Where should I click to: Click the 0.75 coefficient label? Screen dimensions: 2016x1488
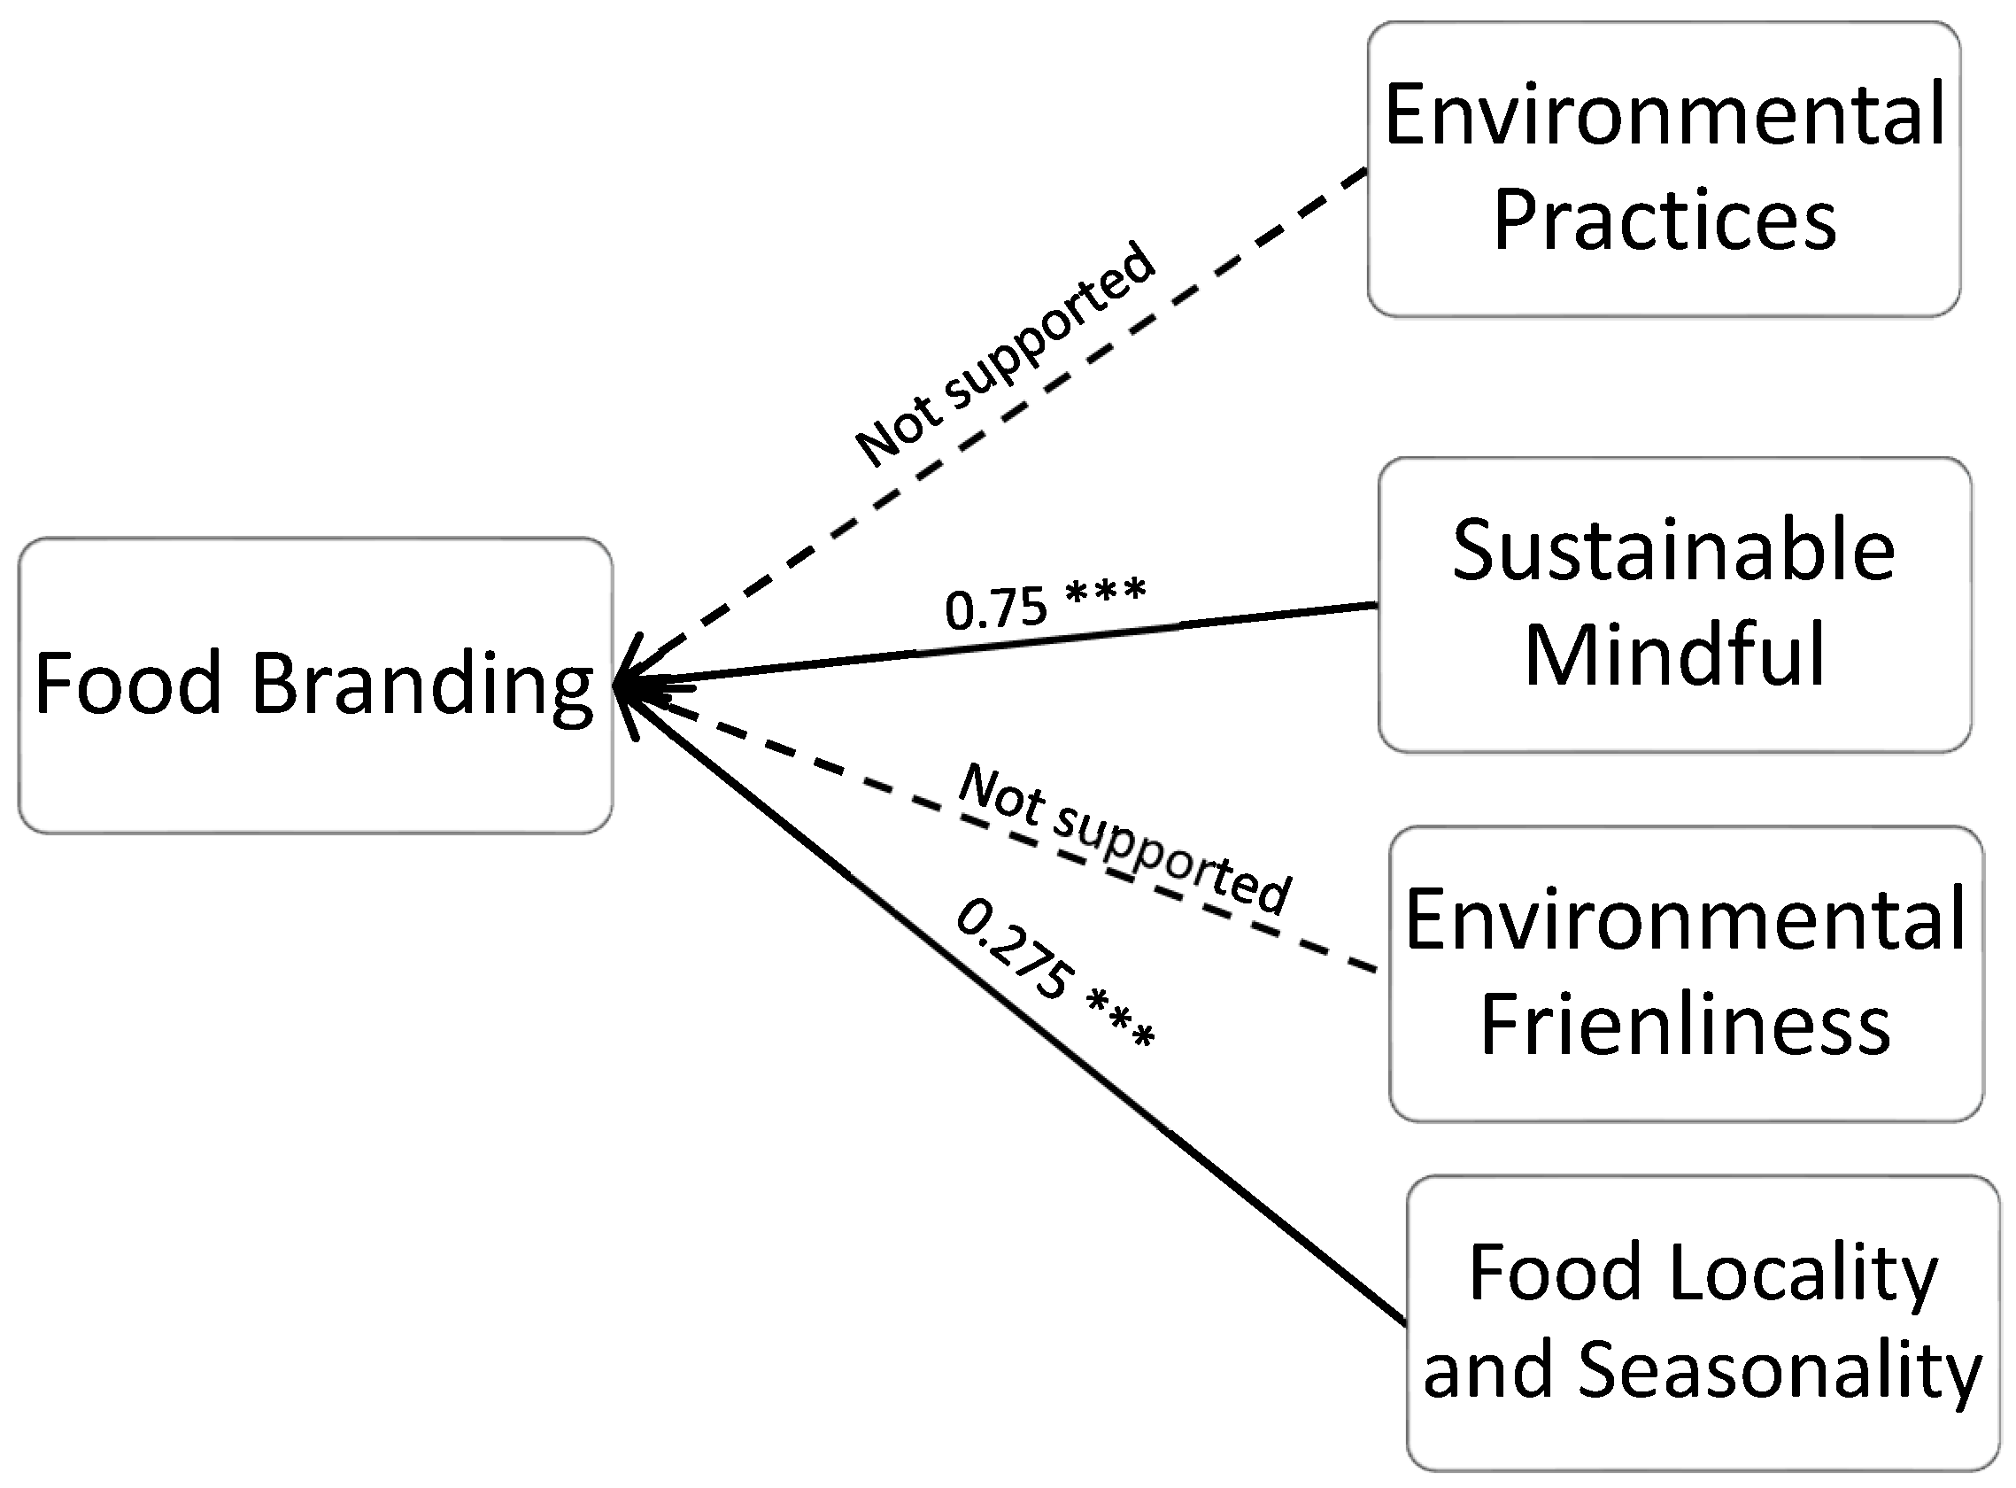click(x=996, y=608)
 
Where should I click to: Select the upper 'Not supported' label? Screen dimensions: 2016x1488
click(x=1004, y=354)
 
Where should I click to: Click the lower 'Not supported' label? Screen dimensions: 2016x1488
click(x=1125, y=839)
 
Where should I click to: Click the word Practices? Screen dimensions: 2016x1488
click(x=1665, y=221)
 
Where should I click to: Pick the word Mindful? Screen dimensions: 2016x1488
click(x=1675, y=655)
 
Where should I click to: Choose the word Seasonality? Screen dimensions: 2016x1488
click(x=1780, y=1371)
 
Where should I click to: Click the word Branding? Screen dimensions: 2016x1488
click(x=421, y=685)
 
